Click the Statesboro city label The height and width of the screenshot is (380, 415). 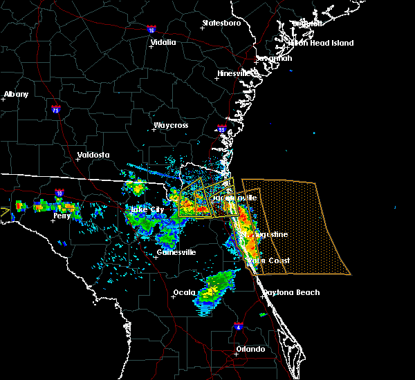tap(221, 23)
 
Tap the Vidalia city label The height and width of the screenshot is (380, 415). tap(163, 42)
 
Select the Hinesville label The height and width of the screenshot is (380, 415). tap(237, 73)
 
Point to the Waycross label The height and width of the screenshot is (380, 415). tap(172, 126)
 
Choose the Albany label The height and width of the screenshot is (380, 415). tap(17, 94)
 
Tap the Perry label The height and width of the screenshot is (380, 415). tap(62, 216)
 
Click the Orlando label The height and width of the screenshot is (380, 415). tap(250, 349)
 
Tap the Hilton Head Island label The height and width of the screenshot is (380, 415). tap(321, 43)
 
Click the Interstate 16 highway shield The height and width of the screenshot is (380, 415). tap(151, 30)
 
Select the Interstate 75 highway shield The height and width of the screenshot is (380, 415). tap(55, 108)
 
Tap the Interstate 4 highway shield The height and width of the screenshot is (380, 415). tap(239, 325)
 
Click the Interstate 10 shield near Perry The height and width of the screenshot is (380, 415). tap(59, 193)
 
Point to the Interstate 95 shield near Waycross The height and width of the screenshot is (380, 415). tap(222, 129)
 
